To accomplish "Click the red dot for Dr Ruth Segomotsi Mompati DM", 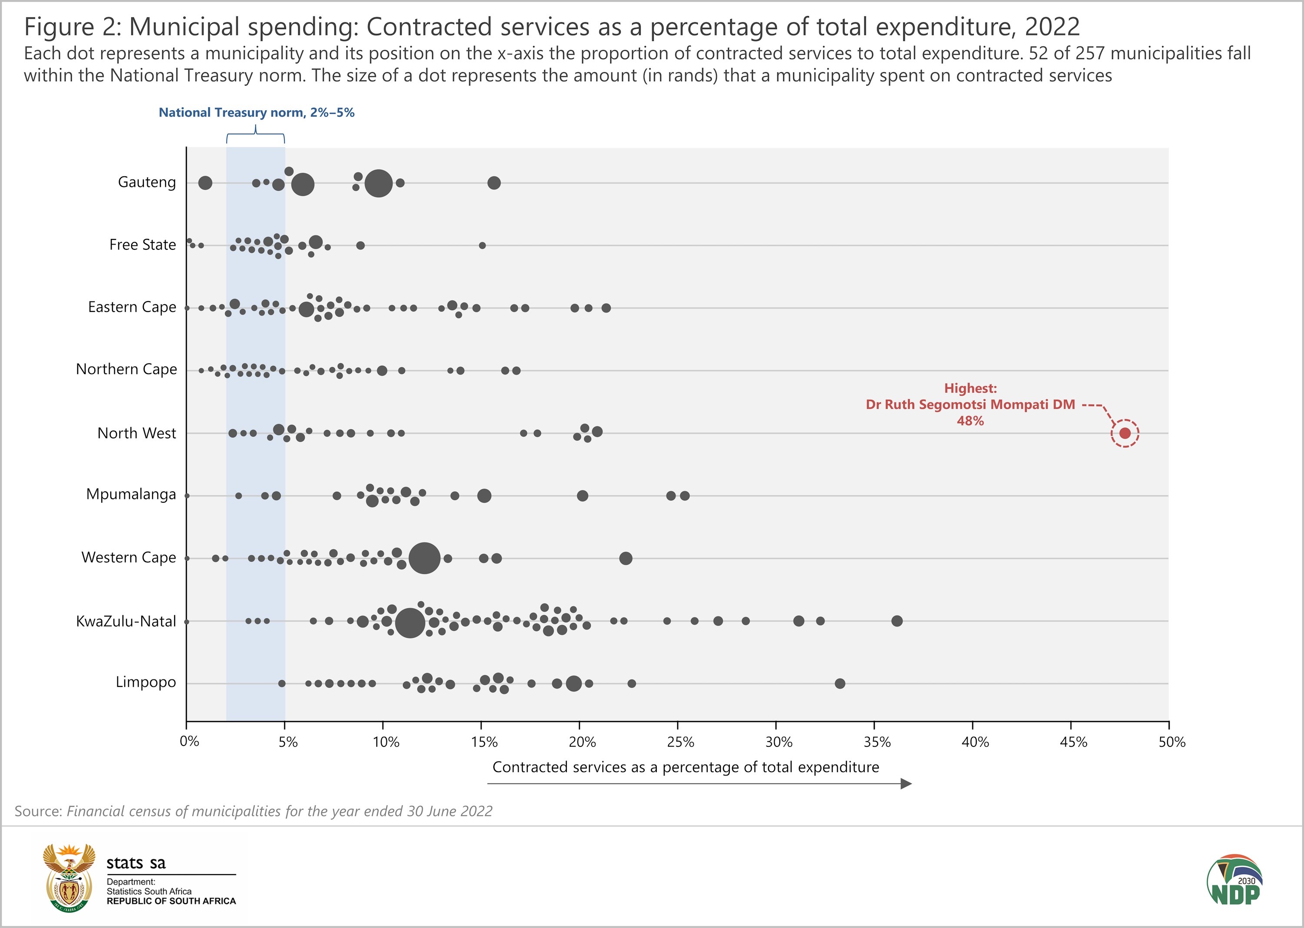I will pyautogui.click(x=1124, y=433).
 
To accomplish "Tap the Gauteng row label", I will pyautogui.click(x=147, y=182).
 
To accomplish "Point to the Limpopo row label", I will pyautogui.click(x=146, y=682).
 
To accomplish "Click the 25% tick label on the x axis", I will pyautogui.click(x=680, y=742).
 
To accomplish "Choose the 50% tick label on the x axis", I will pyautogui.click(x=1171, y=742).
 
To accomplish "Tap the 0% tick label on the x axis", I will pyautogui.click(x=189, y=742).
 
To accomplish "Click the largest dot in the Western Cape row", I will pyautogui.click(x=424, y=558).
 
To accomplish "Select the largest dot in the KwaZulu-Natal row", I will pyautogui.click(x=409, y=622).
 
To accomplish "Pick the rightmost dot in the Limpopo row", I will pyautogui.click(x=840, y=683).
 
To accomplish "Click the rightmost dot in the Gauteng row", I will pyautogui.click(x=494, y=183).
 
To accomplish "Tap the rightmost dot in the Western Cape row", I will pyautogui.click(x=625, y=558).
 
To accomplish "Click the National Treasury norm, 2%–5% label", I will pyautogui.click(x=257, y=113).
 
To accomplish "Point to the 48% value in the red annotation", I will pyautogui.click(x=970, y=421).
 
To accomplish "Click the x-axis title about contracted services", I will pyautogui.click(x=685, y=767).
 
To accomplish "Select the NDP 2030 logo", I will pyautogui.click(x=1234, y=880).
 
